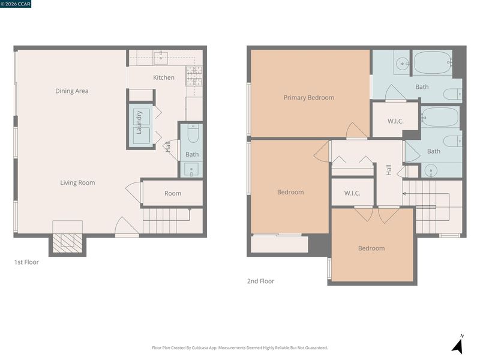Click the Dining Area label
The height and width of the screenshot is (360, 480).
71,91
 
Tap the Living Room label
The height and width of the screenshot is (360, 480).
77,183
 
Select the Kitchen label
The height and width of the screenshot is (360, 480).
164,77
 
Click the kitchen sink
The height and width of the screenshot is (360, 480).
161,58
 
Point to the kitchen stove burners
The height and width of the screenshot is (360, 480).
194,76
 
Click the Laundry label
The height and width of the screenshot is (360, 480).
139,122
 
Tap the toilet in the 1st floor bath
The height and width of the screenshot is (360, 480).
193,133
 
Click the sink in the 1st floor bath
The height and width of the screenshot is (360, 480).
191,170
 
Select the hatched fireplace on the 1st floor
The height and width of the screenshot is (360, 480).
67,244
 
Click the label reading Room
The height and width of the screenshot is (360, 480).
173,193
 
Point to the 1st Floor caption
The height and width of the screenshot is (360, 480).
26,262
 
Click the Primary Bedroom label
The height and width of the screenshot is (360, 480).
309,98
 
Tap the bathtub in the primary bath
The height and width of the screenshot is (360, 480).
432,62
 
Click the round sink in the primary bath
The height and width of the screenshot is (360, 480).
401,64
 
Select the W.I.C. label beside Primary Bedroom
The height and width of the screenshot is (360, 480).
395,121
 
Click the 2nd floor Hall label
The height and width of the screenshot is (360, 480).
389,170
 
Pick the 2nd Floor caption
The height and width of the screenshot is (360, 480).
261,281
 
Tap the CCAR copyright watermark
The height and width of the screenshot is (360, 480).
16,4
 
